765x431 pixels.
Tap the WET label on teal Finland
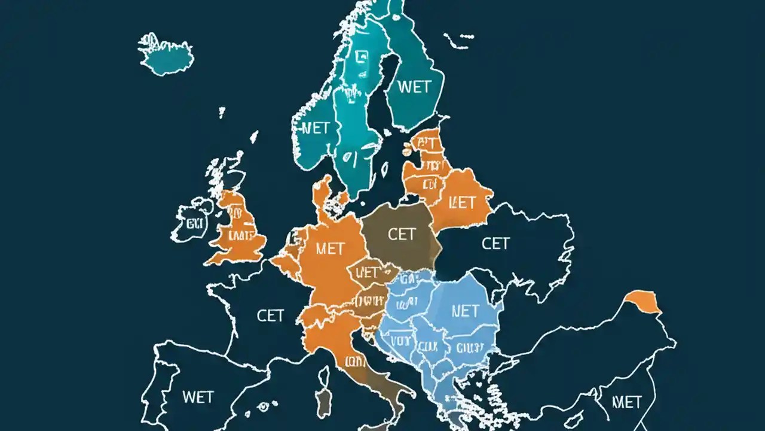coord(414,87)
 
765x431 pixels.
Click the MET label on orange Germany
coord(329,248)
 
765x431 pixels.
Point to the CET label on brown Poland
coord(401,234)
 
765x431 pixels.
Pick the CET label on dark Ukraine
coord(495,243)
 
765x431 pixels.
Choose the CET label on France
coord(270,315)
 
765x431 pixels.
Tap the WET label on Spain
coord(197,396)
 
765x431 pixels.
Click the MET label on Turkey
coord(626,401)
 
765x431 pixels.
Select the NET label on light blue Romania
coord(465,311)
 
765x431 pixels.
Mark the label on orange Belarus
coord(461,202)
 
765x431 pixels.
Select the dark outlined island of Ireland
coord(192,224)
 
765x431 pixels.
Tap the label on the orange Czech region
coord(368,273)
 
